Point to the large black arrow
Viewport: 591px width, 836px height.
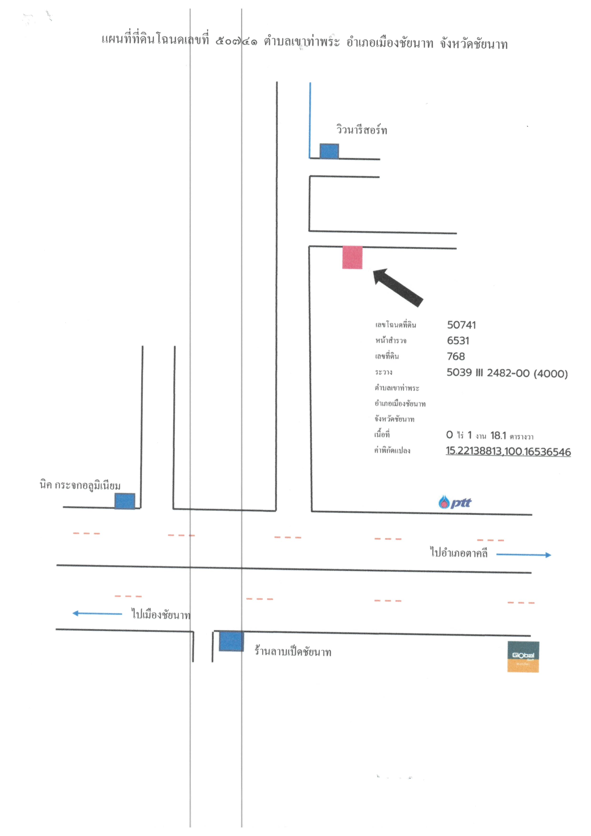click(398, 287)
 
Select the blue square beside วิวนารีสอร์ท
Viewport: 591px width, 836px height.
click(329, 151)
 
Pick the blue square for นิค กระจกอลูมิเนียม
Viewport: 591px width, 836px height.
click(125, 501)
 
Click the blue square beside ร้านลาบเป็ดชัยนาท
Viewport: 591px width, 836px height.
click(231, 641)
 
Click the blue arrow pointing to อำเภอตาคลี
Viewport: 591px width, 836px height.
click(524, 555)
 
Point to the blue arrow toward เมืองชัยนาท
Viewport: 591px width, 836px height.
click(97, 614)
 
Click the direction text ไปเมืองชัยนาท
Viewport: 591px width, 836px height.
click(161, 614)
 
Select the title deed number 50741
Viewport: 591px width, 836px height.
click(461, 325)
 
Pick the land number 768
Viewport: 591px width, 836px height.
click(456, 356)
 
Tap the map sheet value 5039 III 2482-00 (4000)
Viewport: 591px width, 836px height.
click(507, 373)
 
